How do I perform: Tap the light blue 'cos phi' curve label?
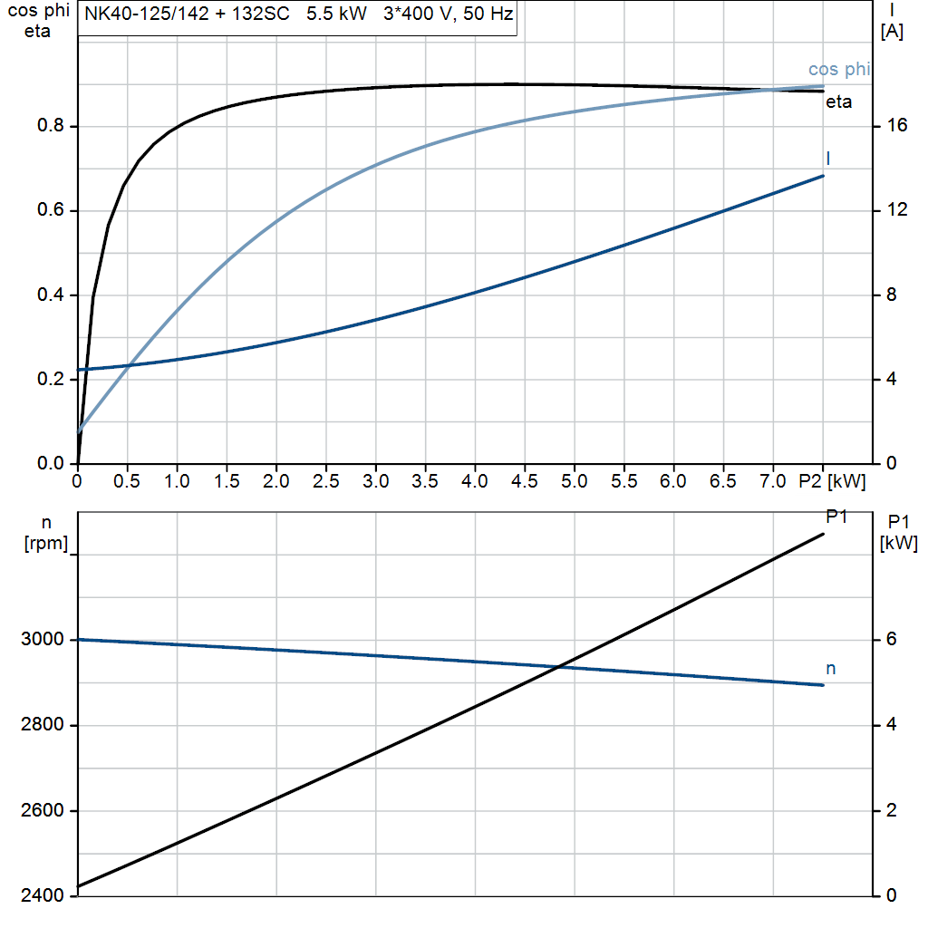(839, 70)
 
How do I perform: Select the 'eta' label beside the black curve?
(838, 102)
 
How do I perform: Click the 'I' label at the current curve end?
(828, 159)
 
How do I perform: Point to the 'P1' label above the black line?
(836, 517)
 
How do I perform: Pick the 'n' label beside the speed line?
(830, 669)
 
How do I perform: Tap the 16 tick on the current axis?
(897, 126)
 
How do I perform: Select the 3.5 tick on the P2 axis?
(424, 481)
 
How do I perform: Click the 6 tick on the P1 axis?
(893, 640)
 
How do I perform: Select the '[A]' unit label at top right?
(892, 32)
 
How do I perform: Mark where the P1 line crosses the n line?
(559, 667)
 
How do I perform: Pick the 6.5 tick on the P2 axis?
(722, 481)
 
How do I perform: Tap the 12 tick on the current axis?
(897, 210)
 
